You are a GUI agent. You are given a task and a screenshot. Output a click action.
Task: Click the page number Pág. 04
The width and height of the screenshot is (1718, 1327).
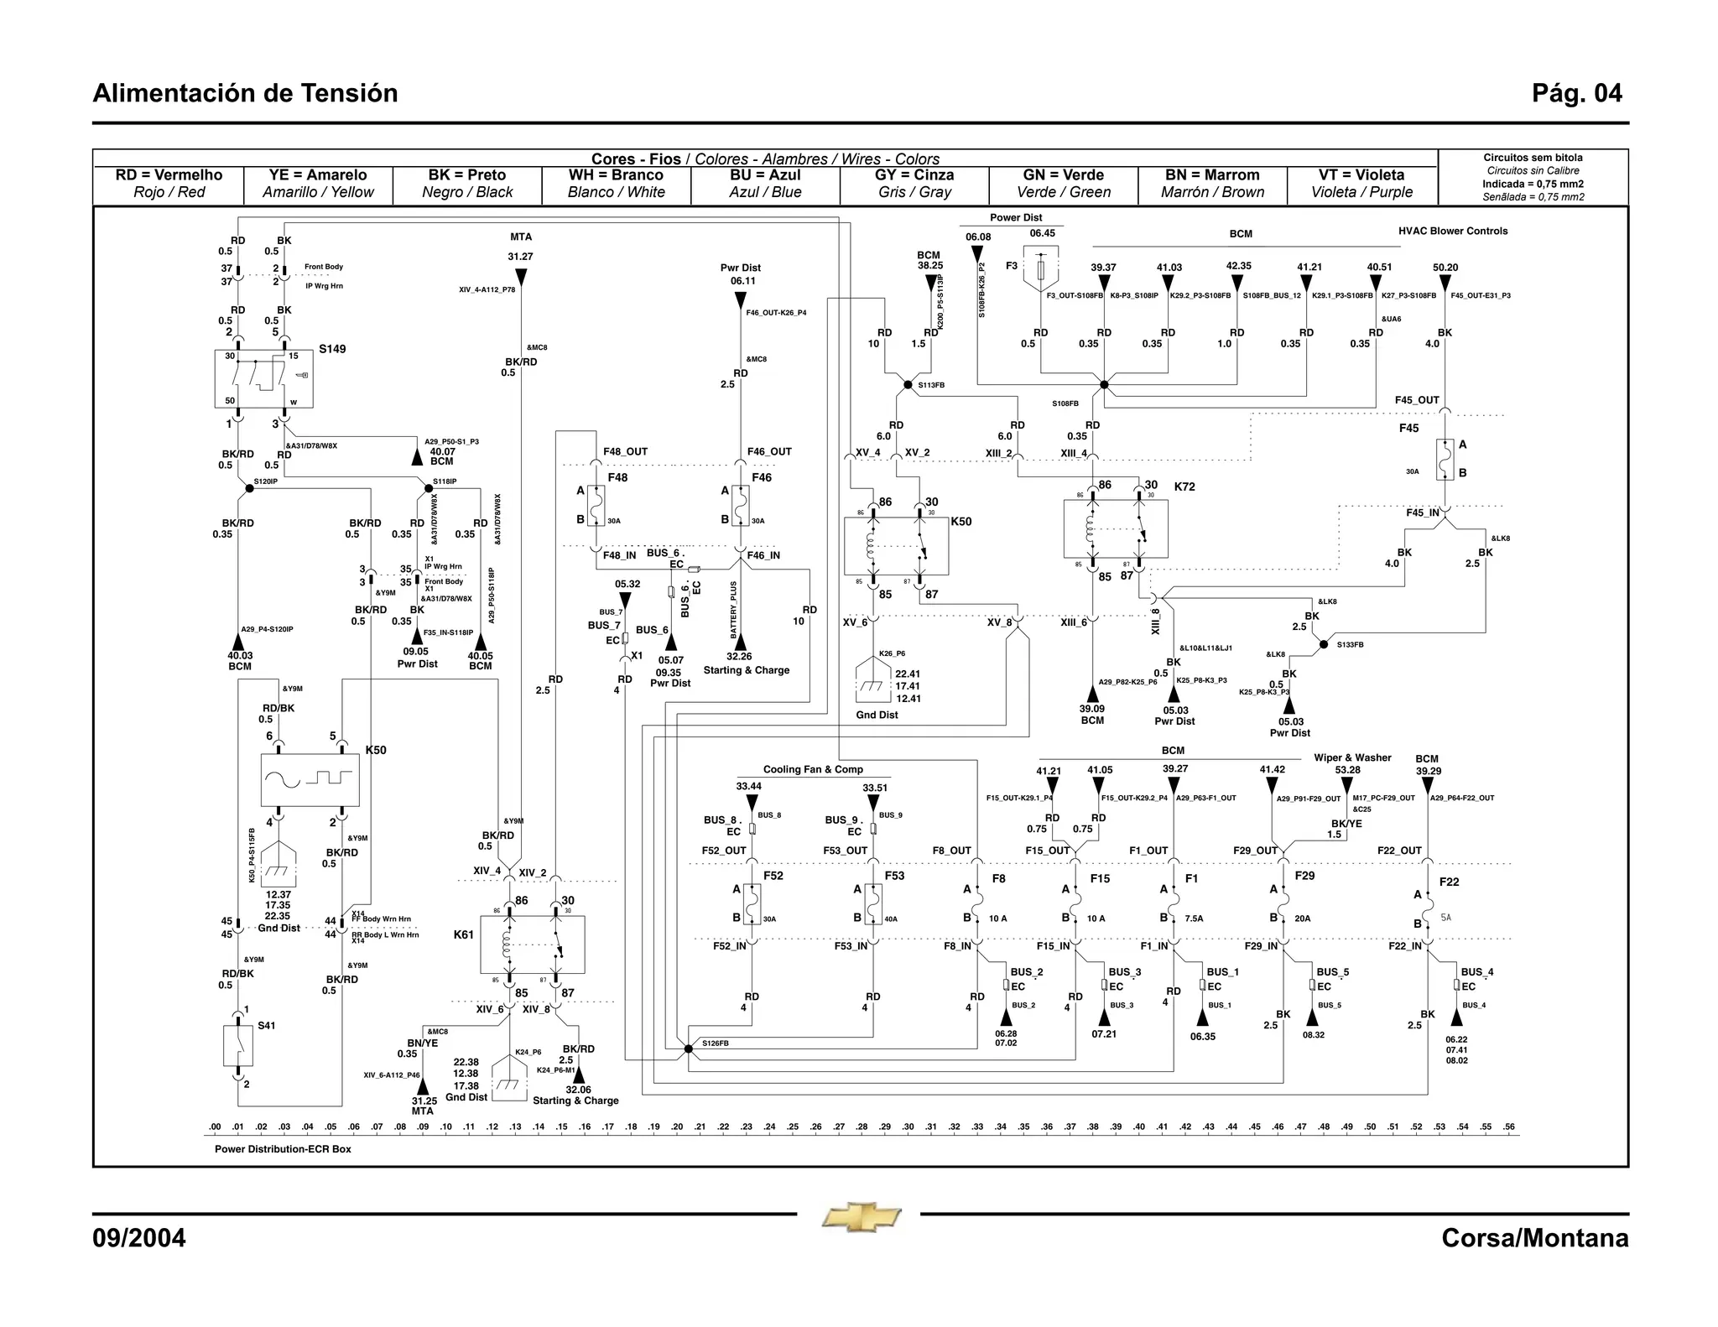point(1576,93)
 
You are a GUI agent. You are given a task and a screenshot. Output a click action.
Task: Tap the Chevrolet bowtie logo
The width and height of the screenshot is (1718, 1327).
point(862,1217)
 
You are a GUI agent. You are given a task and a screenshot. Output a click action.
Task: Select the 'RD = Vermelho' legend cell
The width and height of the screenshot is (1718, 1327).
point(169,183)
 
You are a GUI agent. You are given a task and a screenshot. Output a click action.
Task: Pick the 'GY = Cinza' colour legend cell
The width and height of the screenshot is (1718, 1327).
point(914,183)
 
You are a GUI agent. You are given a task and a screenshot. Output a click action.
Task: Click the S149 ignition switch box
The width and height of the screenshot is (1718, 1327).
point(263,378)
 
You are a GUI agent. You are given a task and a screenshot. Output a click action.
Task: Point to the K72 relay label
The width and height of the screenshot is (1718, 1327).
point(1184,487)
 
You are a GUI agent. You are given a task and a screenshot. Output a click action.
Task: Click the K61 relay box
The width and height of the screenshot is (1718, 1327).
point(531,945)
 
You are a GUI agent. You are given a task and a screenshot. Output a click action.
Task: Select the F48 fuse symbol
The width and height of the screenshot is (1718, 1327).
point(596,506)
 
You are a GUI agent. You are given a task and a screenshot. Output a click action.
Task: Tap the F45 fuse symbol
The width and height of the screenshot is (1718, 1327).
point(1443,460)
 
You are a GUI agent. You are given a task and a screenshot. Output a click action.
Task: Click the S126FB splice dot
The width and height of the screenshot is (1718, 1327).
point(688,1049)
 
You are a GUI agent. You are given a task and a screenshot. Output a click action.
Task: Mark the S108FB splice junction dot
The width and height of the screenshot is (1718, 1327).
point(1104,385)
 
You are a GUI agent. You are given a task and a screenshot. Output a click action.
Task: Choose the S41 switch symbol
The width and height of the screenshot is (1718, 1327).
point(238,1045)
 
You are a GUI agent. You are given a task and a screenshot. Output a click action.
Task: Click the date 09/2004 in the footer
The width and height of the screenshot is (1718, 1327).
point(139,1238)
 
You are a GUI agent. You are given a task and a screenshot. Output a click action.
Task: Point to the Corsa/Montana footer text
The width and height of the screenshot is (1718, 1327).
point(1534,1238)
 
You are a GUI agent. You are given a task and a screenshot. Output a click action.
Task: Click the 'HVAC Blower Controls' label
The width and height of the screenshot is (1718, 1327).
point(1453,232)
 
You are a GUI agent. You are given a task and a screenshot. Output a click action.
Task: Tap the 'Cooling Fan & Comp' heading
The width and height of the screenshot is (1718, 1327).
point(813,769)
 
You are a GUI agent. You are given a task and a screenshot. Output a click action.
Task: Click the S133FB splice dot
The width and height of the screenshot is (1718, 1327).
point(1324,644)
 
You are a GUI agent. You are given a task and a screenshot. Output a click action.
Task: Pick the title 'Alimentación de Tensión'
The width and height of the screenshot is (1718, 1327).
point(245,93)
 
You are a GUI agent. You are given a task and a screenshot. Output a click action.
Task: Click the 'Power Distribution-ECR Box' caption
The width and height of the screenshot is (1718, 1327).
point(283,1149)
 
